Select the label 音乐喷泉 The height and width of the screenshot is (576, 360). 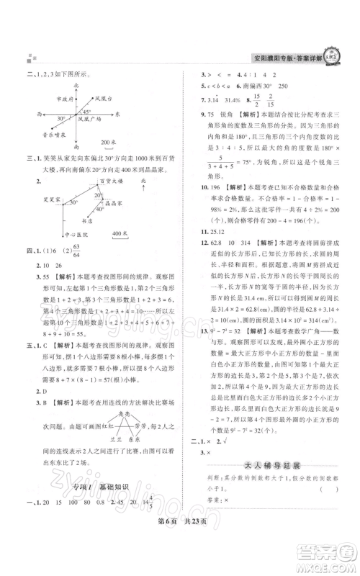(53, 134)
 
